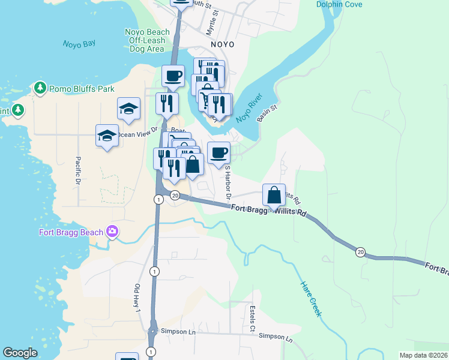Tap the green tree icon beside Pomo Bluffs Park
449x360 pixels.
pos(41,89)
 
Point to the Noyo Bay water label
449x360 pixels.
pos(79,44)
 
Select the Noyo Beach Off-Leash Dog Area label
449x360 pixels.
pos(146,40)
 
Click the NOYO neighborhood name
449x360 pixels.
pos(222,44)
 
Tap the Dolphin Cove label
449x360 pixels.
pos(339,5)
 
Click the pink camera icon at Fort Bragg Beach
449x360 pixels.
pos(111,232)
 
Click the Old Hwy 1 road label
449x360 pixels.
pos(137,298)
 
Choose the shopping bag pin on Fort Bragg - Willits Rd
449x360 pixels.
pos(274,196)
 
